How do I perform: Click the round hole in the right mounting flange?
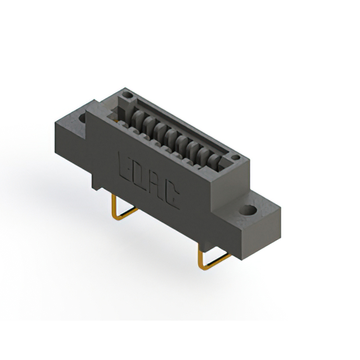247,211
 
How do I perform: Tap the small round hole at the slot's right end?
236,157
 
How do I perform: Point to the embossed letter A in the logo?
158,184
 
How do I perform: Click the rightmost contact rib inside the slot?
211,161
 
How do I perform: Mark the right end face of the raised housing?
243,174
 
